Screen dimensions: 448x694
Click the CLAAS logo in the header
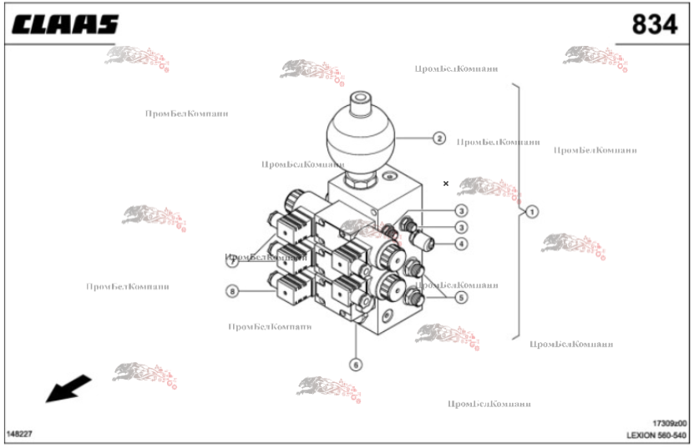click(x=64, y=24)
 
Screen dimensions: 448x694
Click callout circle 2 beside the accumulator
click(x=439, y=138)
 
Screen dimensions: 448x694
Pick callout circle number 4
click(x=461, y=244)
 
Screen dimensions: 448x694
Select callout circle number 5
click(x=461, y=296)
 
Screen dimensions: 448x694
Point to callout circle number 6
click(x=356, y=364)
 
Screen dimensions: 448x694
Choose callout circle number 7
click(x=233, y=261)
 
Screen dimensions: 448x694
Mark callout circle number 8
click(x=233, y=290)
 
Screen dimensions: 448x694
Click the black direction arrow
click(x=68, y=388)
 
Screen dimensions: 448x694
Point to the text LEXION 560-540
click(x=657, y=435)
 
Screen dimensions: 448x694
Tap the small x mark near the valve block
click(x=446, y=184)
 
